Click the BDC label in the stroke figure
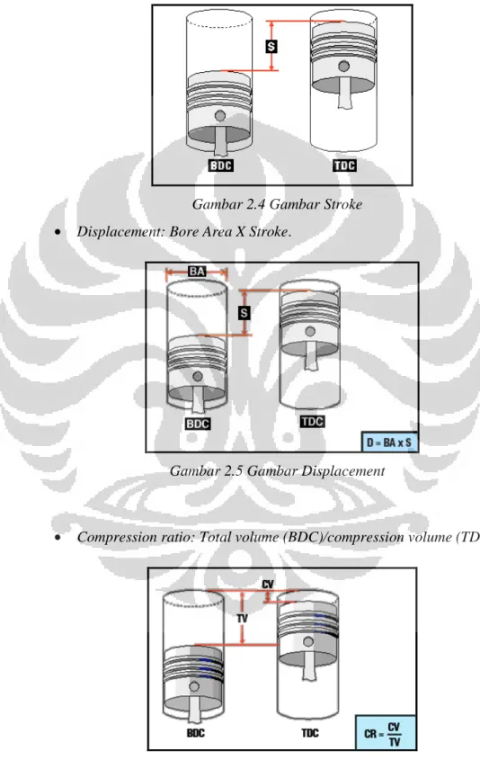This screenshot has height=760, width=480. (221, 165)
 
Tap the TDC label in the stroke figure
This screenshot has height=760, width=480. (344, 165)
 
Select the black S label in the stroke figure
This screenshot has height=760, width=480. (271, 47)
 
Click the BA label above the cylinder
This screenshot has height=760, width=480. (197, 272)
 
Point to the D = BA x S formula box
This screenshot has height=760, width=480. (389, 442)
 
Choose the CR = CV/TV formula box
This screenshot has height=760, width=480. (386, 732)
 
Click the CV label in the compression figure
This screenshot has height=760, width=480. (267, 585)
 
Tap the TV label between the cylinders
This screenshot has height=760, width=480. (242, 618)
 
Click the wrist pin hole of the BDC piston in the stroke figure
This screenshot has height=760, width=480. (220, 116)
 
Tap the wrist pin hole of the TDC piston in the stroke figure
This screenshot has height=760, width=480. (343, 66)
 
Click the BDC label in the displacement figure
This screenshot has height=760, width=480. (198, 425)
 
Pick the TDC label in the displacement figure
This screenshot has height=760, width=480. (313, 422)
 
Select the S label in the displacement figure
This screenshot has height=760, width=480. (244, 313)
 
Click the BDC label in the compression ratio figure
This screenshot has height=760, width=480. (196, 732)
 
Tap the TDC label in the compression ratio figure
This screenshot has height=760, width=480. (310, 732)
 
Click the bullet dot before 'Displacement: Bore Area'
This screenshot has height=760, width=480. (58, 232)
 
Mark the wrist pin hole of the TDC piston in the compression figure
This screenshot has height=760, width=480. (308, 642)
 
